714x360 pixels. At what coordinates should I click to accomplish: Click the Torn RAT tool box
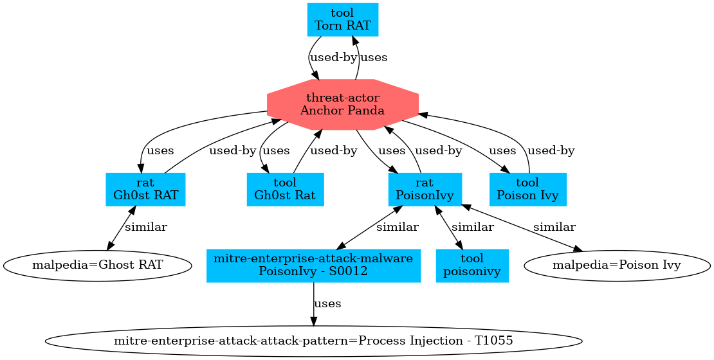click(x=343, y=19)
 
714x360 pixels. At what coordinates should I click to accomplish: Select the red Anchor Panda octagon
click(x=342, y=104)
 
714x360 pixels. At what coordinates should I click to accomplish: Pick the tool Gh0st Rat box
click(x=285, y=190)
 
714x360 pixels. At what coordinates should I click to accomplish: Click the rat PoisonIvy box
click(x=425, y=190)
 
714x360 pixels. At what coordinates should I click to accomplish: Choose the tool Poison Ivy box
click(x=527, y=190)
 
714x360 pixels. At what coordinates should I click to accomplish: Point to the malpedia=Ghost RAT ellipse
click(x=96, y=265)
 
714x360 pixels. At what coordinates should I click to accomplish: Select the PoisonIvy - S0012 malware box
click(x=313, y=265)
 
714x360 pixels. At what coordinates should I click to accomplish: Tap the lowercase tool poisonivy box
click(x=472, y=265)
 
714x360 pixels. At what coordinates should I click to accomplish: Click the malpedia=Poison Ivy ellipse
click(x=617, y=265)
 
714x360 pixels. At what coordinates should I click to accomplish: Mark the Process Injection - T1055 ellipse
click(x=313, y=341)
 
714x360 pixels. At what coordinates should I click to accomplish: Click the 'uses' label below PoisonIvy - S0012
click(x=327, y=303)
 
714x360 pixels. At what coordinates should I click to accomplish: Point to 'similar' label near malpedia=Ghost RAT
click(x=146, y=227)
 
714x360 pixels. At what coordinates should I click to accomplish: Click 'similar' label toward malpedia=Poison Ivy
click(x=554, y=227)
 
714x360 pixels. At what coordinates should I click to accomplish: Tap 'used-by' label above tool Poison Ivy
click(x=551, y=150)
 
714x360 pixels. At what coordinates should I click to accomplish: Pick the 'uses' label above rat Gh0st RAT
click(x=161, y=150)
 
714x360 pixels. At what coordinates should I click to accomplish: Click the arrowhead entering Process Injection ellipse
click(x=313, y=322)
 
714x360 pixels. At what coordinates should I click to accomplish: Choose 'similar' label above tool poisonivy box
click(x=472, y=227)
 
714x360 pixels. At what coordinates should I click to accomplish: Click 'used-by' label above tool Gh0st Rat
click(x=333, y=150)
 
